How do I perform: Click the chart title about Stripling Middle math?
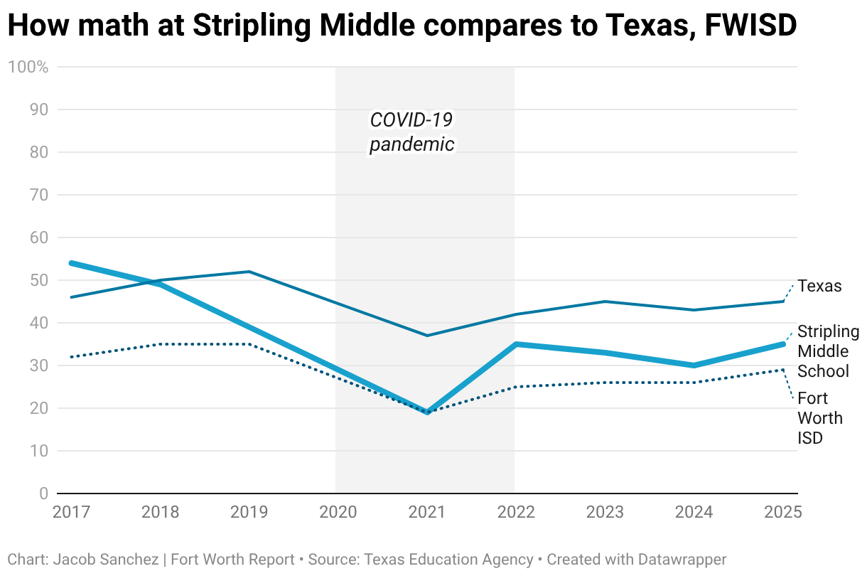coord(402,26)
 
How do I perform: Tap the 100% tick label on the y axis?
coord(28,67)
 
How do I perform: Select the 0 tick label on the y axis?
coord(43,494)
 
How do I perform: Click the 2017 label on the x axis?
coord(72,512)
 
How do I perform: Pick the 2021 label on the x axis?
coord(426,512)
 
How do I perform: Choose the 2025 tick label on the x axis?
coord(782,512)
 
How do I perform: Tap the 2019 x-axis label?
coord(249,512)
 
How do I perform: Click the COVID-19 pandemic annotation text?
coord(411,132)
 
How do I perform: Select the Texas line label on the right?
coord(819,286)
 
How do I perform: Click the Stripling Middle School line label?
coord(823,351)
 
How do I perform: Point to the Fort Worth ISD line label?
coord(819,418)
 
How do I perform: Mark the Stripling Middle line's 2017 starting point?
coord(72,263)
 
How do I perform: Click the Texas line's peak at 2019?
coord(249,272)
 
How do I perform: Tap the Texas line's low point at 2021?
coord(426,336)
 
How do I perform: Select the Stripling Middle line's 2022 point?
coord(515,344)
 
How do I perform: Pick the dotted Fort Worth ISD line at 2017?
coord(72,357)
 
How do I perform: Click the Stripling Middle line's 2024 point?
coord(694,366)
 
